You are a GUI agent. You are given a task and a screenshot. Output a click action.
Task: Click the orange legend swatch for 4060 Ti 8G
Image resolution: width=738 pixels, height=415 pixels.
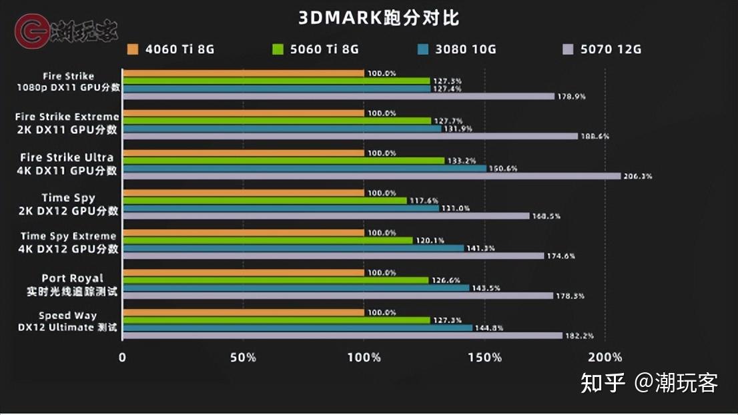[x=132, y=49]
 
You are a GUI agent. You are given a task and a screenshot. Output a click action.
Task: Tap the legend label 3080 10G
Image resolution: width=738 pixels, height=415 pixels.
[x=466, y=49]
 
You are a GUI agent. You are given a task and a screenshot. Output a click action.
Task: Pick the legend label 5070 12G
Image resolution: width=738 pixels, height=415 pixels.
[x=611, y=49]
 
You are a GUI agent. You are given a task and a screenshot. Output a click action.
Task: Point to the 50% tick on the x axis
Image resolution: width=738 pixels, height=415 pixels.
[x=243, y=357]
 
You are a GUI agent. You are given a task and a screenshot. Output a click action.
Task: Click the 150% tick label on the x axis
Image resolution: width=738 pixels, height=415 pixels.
[x=485, y=357]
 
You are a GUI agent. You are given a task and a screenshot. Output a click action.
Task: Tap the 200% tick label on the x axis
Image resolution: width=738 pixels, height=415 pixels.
[x=606, y=357]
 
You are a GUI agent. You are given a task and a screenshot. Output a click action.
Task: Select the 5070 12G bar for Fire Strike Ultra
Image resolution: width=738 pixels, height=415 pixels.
[x=372, y=176]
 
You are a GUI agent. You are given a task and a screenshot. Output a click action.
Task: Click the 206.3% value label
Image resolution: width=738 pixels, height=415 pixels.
[x=637, y=177]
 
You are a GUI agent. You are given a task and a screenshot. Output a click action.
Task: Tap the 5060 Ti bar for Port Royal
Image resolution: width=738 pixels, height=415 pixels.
[x=276, y=280]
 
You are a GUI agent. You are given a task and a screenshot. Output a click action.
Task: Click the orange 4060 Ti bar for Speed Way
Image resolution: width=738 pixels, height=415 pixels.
[x=243, y=312]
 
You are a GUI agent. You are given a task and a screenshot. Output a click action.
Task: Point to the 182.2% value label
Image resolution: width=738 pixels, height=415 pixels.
[x=579, y=336]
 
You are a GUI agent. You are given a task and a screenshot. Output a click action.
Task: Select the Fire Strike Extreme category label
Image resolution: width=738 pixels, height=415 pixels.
[x=67, y=123]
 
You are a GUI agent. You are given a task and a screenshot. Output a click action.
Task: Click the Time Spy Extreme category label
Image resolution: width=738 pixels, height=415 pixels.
[x=69, y=242]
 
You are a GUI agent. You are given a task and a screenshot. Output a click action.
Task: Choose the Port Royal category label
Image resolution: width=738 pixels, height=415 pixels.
[x=73, y=285]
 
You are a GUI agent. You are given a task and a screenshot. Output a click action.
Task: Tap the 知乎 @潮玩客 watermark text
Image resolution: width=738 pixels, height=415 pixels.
[x=649, y=383]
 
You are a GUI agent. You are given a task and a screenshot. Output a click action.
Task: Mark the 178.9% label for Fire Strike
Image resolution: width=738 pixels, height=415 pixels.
[x=571, y=96]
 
